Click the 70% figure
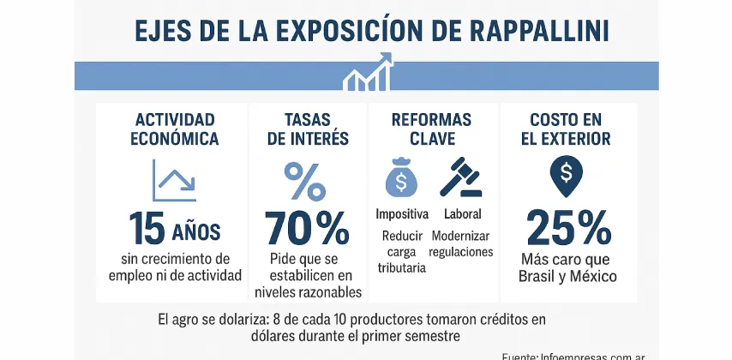coord(306,229)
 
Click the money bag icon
coord(401,178)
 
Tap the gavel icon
coord(459,177)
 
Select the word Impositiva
coord(401,213)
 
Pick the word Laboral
coord(462,213)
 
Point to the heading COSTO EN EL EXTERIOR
coord(569,129)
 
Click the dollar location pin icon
coord(566,176)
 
